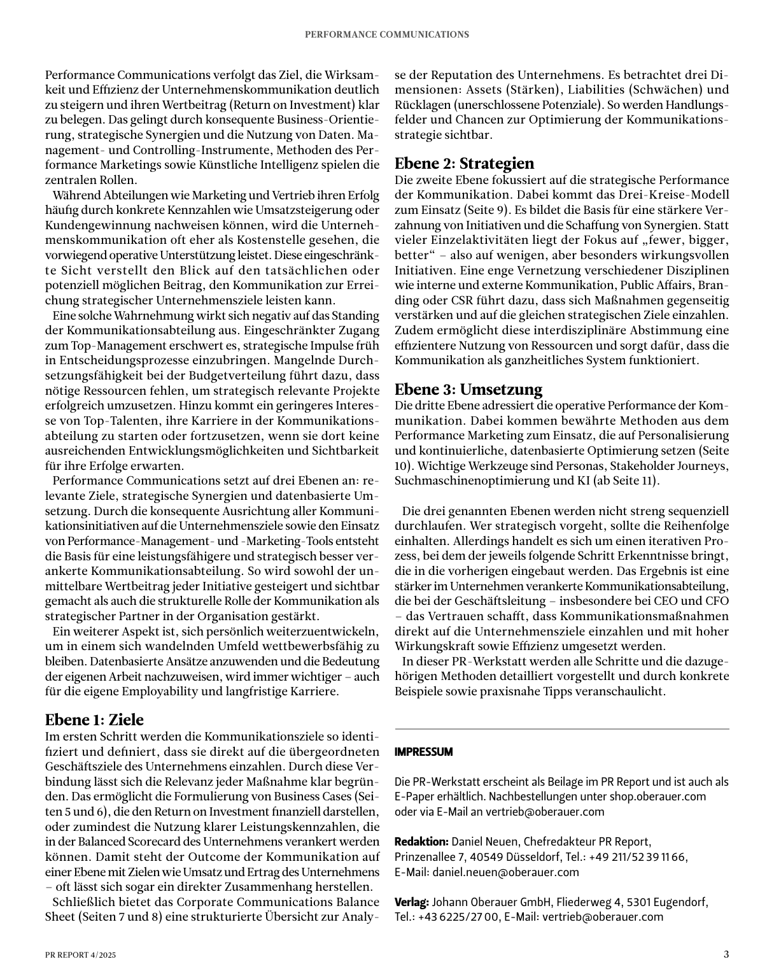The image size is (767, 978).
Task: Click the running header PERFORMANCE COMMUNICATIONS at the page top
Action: tap(387, 34)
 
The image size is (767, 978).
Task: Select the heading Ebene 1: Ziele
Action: tap(94, 719)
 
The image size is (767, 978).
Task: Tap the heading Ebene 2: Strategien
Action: tap(464, 163)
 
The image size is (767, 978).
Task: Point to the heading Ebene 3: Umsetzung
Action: tap(468, 389)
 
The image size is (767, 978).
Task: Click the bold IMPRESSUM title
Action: tap(424, 752)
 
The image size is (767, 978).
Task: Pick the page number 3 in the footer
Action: tap(726, 954)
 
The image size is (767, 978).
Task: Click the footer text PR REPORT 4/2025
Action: tap(81, 955)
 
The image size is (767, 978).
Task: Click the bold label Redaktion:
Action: tap(421, 842)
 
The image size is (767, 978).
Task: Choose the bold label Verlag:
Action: tap(412, 902)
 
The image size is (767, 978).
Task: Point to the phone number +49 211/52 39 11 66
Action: tap(638, 857)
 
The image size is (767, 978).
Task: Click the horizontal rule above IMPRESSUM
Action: tap(562, 729)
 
